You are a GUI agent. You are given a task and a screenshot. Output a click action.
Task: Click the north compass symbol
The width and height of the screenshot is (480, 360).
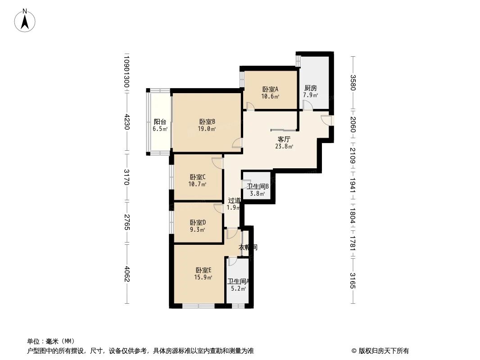tap(26, 21)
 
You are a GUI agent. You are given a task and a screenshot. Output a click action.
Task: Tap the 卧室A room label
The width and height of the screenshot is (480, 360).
tap(270, 89)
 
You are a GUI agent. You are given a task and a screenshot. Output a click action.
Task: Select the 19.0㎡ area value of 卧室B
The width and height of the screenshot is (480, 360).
tap(207, 129)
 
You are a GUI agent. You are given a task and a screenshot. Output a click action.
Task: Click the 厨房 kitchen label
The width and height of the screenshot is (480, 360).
tap(311, 88)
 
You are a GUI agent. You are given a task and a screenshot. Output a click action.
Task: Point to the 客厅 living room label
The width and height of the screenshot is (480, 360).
tap(284, 139)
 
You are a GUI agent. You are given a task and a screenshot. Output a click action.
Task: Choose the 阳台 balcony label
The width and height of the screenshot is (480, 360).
tap(160, 121)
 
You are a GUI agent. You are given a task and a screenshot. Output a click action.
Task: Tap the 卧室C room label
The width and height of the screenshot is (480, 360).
tap(198, 177)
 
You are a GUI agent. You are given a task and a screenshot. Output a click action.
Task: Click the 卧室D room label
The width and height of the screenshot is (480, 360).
tap(198, 222)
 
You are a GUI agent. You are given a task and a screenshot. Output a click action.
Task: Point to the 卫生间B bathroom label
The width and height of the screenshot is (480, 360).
tap(258, 186)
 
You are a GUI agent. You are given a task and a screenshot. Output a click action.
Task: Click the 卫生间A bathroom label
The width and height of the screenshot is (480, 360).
tap(238, 281)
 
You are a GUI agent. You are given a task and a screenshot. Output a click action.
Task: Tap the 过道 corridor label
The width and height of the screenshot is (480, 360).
tap(234, 201)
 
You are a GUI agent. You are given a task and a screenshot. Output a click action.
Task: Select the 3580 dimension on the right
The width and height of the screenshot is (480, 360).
tap(353, 83)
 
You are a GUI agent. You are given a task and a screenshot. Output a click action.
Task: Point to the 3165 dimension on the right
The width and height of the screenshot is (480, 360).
tap(353, 281)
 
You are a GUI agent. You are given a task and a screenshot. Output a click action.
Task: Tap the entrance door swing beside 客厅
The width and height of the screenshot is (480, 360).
tap(326, 120)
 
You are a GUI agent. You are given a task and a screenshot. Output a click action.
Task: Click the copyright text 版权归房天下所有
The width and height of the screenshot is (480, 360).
tap(380, 351)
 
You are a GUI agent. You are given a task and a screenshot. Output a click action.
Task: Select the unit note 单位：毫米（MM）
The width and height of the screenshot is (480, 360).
tap(51, 341)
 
